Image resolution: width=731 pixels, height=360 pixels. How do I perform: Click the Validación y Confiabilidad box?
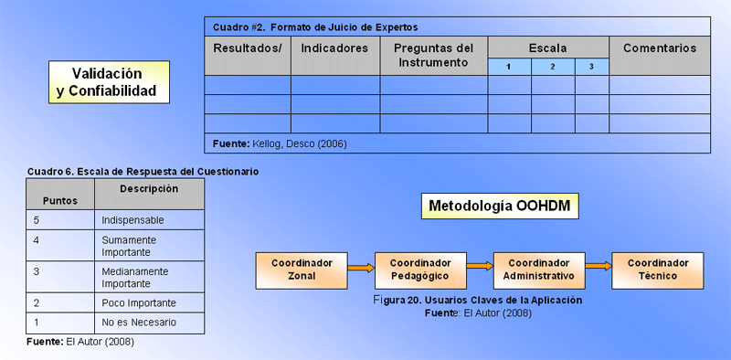pos(109,82)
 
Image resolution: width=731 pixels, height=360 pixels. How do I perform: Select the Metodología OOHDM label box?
pos(500,206)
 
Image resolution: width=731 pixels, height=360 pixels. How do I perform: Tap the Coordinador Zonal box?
pos(302,270)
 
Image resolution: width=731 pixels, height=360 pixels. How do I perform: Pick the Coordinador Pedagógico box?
pos(420,270)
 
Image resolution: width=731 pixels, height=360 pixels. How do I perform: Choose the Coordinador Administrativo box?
pos(539,270)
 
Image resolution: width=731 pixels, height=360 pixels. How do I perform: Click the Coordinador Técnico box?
pos(658,270)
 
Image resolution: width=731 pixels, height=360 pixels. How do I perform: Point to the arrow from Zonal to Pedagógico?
pos(361,268)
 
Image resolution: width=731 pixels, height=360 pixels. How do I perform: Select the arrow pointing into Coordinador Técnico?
pos(599,266)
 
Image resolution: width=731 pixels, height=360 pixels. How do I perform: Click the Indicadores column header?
pos(335,56)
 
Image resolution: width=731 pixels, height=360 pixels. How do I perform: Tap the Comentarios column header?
pos(660,56)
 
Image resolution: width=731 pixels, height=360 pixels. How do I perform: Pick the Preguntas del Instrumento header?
pos(434,56)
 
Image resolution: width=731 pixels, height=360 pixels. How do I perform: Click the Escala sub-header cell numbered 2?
pos(553,67)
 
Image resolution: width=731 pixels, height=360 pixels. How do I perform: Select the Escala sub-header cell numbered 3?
pos(591,67)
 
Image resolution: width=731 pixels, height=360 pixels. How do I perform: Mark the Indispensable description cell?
pos(149,220)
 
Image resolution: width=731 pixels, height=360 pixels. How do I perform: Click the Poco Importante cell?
pos(149,303)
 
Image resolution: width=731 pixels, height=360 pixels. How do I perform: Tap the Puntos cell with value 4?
pos(60,246)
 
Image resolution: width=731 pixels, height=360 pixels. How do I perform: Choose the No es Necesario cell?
pos(149,323)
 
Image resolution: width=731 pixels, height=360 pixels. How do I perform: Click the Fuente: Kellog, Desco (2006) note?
pos(280,144)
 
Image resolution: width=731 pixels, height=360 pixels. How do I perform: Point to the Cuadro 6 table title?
pos(143,172)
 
